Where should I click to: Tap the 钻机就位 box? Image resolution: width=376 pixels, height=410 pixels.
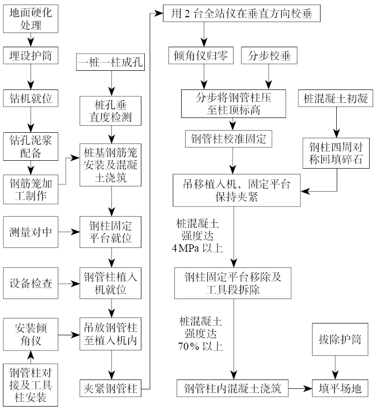(30, 98)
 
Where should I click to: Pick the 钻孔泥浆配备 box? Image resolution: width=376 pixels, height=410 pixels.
(30, 146)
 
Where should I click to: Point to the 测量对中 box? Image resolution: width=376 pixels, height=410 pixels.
(30, 231)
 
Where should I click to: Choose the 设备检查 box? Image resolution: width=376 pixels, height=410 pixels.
(30, 284)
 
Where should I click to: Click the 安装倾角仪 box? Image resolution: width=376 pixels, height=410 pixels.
(30, 334)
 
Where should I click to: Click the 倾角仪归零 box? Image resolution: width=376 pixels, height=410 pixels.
(203, 56)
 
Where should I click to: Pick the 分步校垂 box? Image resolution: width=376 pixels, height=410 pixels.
(269, 56)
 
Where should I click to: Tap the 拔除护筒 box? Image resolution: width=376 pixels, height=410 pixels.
(337, 340)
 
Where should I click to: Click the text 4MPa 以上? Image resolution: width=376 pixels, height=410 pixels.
(198, 247)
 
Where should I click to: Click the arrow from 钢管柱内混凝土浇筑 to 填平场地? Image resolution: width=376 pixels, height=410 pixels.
(300, 388)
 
